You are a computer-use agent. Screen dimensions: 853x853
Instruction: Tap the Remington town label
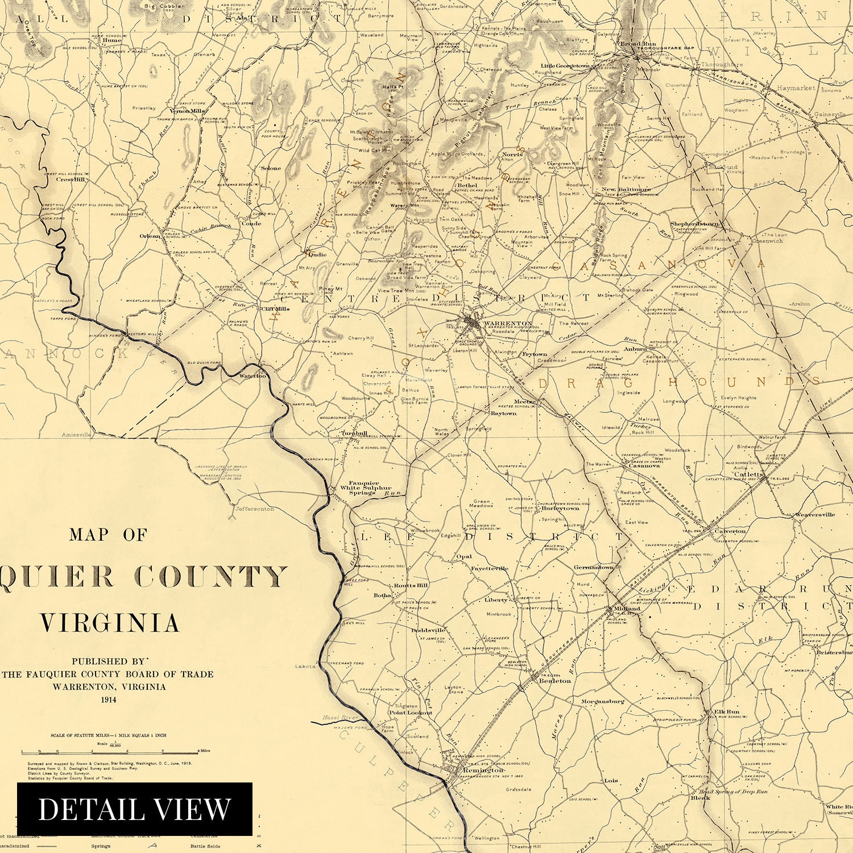tap(483, 770)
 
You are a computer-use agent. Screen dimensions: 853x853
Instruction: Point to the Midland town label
tap(627, 608)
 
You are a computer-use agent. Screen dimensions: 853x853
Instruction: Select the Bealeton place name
tap(554, 681)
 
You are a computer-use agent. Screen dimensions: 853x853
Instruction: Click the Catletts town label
tap(749, 474)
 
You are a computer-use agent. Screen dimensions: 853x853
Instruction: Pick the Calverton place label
tap(730, 531)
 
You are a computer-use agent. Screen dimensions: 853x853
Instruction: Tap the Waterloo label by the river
tap(252, 376)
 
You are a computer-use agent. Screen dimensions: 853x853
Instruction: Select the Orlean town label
tap(150, 236)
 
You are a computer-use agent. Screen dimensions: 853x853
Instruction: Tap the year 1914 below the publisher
tap(108, 699)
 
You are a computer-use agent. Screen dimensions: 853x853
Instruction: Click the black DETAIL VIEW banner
tap(134, 809)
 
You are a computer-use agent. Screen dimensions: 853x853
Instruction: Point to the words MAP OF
tap(108, 535)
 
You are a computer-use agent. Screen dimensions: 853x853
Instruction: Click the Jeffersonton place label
tap(254, 509)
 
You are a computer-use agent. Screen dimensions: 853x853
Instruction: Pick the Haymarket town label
tap(796, 88)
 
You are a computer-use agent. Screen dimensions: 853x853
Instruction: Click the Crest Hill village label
tap(70, 180)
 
